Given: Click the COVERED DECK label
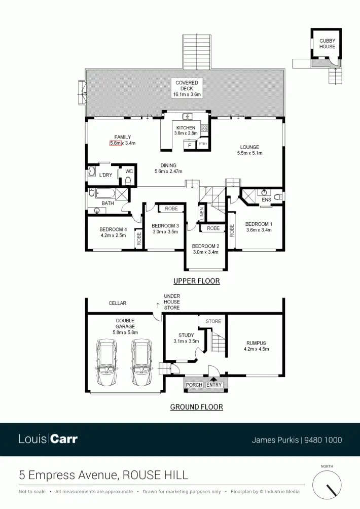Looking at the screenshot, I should tap(187, 85).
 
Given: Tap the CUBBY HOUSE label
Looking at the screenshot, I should tap(327, 43).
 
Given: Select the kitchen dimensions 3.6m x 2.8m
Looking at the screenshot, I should tap(186, 133).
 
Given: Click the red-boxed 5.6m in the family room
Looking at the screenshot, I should tap(116, 143).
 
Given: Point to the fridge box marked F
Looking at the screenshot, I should tap(190, 145).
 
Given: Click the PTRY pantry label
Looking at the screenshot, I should tap(203, 144).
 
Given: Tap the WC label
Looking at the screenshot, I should tap(129, 171).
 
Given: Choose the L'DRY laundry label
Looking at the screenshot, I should tap(105, 175).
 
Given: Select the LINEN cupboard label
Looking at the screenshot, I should tap(201, 213).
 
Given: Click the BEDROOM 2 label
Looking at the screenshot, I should tap(205, 246).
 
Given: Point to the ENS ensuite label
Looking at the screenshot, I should tap(266, 200).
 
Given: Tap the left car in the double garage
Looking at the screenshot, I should tap(106, 362).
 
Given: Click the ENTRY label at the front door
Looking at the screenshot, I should tap(214, 385).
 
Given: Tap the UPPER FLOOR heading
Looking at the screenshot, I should tap(196, 281).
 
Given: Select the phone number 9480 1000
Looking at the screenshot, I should tap(323, 440).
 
